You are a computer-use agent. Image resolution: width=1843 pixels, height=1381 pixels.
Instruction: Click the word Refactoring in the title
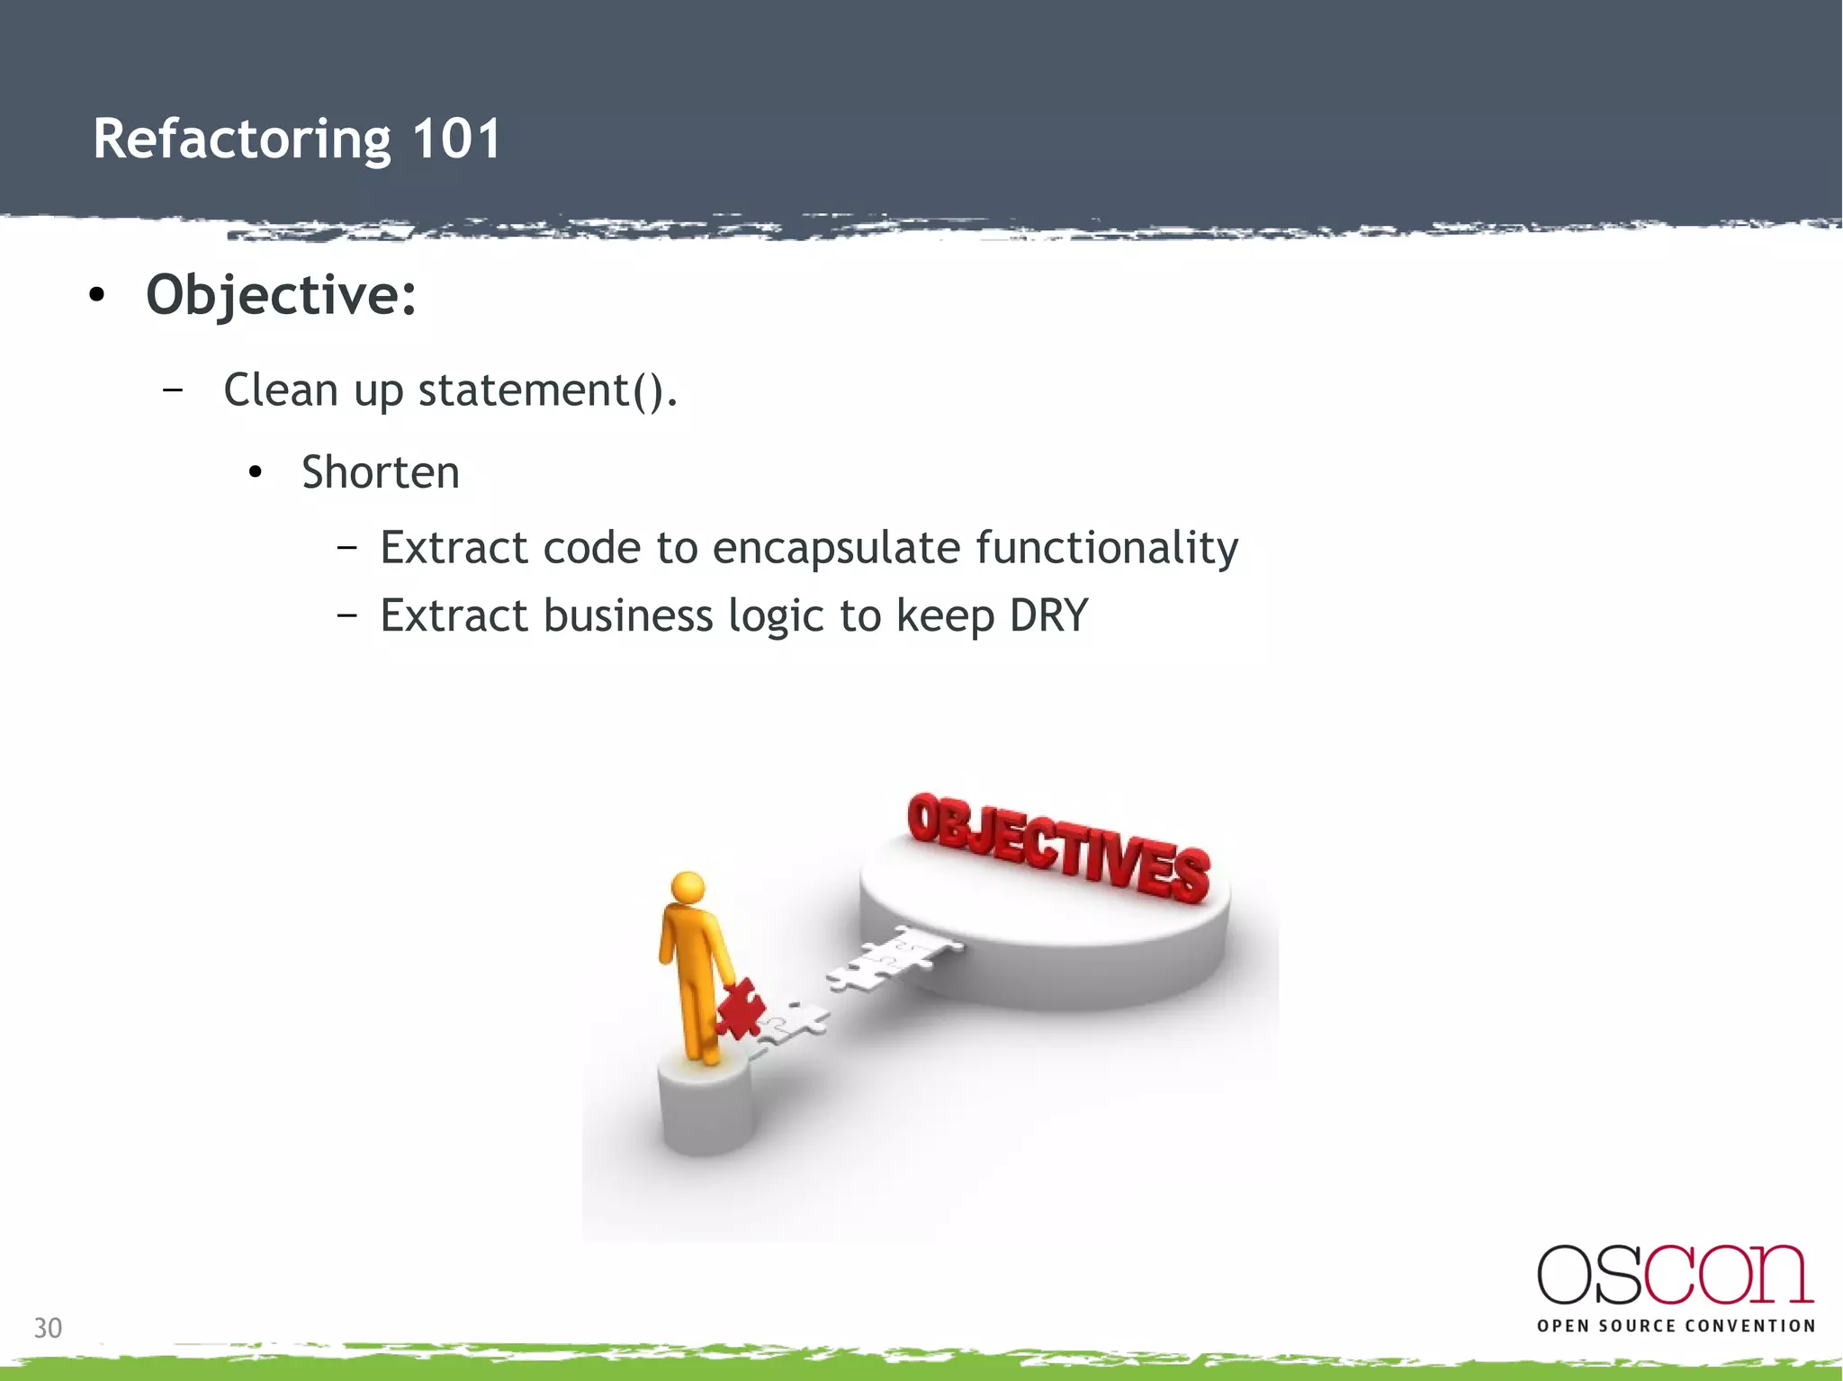(241, 139)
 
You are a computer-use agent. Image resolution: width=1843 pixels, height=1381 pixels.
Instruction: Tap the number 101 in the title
(455, 139)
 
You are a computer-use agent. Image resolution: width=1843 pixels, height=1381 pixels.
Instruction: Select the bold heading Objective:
(281, 295)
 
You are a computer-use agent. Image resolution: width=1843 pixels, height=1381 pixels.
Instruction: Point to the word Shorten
(380, 472)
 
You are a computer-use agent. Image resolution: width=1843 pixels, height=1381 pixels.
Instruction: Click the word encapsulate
(836, 548)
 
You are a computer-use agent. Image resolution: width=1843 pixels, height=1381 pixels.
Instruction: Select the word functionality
(1106, 548)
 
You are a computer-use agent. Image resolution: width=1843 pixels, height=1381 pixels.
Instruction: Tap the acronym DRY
(1048, 616)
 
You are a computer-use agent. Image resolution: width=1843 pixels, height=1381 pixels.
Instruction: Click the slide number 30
(48, 1328)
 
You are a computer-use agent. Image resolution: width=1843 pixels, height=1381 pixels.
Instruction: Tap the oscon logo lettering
(1674, 1275)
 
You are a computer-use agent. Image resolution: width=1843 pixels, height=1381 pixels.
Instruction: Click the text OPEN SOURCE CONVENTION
(1676, 1326)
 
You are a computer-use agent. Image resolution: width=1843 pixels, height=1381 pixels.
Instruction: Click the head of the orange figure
(688, 888)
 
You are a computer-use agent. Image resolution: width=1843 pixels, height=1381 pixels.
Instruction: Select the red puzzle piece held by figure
(740, 1009)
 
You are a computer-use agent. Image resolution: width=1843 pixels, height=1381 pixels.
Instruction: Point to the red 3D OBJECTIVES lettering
(1058, 847)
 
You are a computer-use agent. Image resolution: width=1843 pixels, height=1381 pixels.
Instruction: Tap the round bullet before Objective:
(97, 295)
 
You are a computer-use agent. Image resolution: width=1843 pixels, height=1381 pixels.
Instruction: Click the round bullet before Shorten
(256, 472)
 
